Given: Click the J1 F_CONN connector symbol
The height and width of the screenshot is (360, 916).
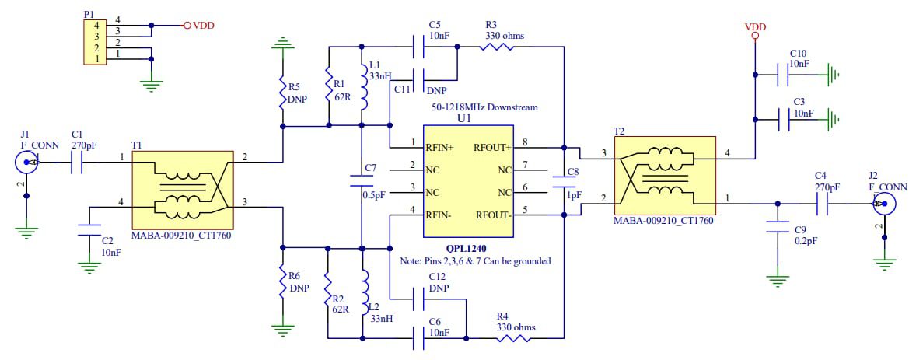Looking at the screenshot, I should click(26, 163).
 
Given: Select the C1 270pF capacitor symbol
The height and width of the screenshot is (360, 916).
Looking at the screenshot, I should click(76, 163).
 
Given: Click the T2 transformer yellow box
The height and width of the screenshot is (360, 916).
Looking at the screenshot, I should click(664, 176).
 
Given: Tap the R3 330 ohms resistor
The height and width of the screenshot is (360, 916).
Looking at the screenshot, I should click(496, 47).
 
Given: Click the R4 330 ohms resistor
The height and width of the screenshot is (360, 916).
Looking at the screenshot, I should click(515, 338).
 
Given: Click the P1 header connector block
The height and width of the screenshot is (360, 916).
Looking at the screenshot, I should click(93, 42).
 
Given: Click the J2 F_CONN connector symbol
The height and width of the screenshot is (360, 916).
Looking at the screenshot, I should click(883, 205).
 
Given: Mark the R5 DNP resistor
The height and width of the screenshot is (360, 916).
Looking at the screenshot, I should click(283, 96).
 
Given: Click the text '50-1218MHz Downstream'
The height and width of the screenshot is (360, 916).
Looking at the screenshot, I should click(484, 107).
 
